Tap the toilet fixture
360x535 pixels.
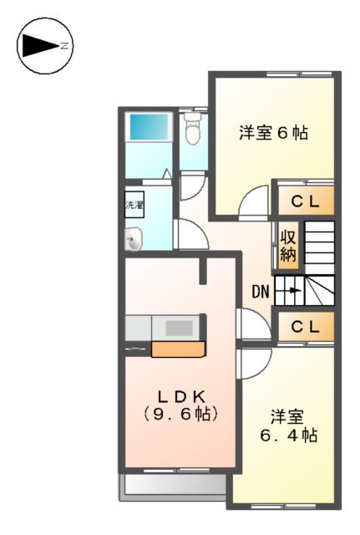tap(193, 131)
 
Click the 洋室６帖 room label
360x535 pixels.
tap(273, 132)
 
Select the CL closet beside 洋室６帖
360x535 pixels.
tap(305, 201)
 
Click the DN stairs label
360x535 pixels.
tap(261, 292)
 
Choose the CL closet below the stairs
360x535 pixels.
tap(305, 328)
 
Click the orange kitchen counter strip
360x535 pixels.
tap(178, 349)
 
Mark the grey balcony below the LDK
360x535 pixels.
tap(175, 487)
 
